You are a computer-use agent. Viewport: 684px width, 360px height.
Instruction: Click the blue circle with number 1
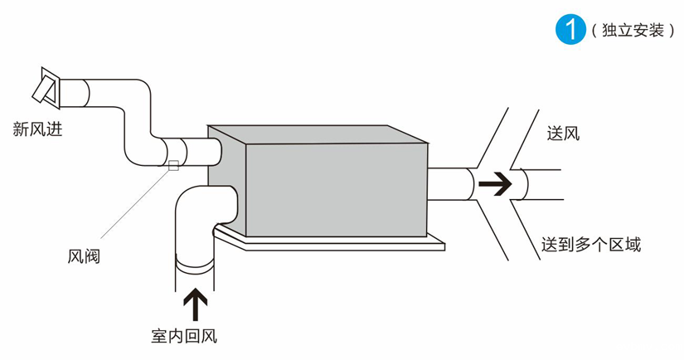(569, 29)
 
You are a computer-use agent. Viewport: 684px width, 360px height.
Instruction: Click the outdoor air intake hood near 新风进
(47, 86)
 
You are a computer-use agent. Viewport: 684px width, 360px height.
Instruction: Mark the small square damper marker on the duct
(173, 164)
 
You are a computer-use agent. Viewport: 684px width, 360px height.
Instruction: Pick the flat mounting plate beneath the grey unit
(332, 243)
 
